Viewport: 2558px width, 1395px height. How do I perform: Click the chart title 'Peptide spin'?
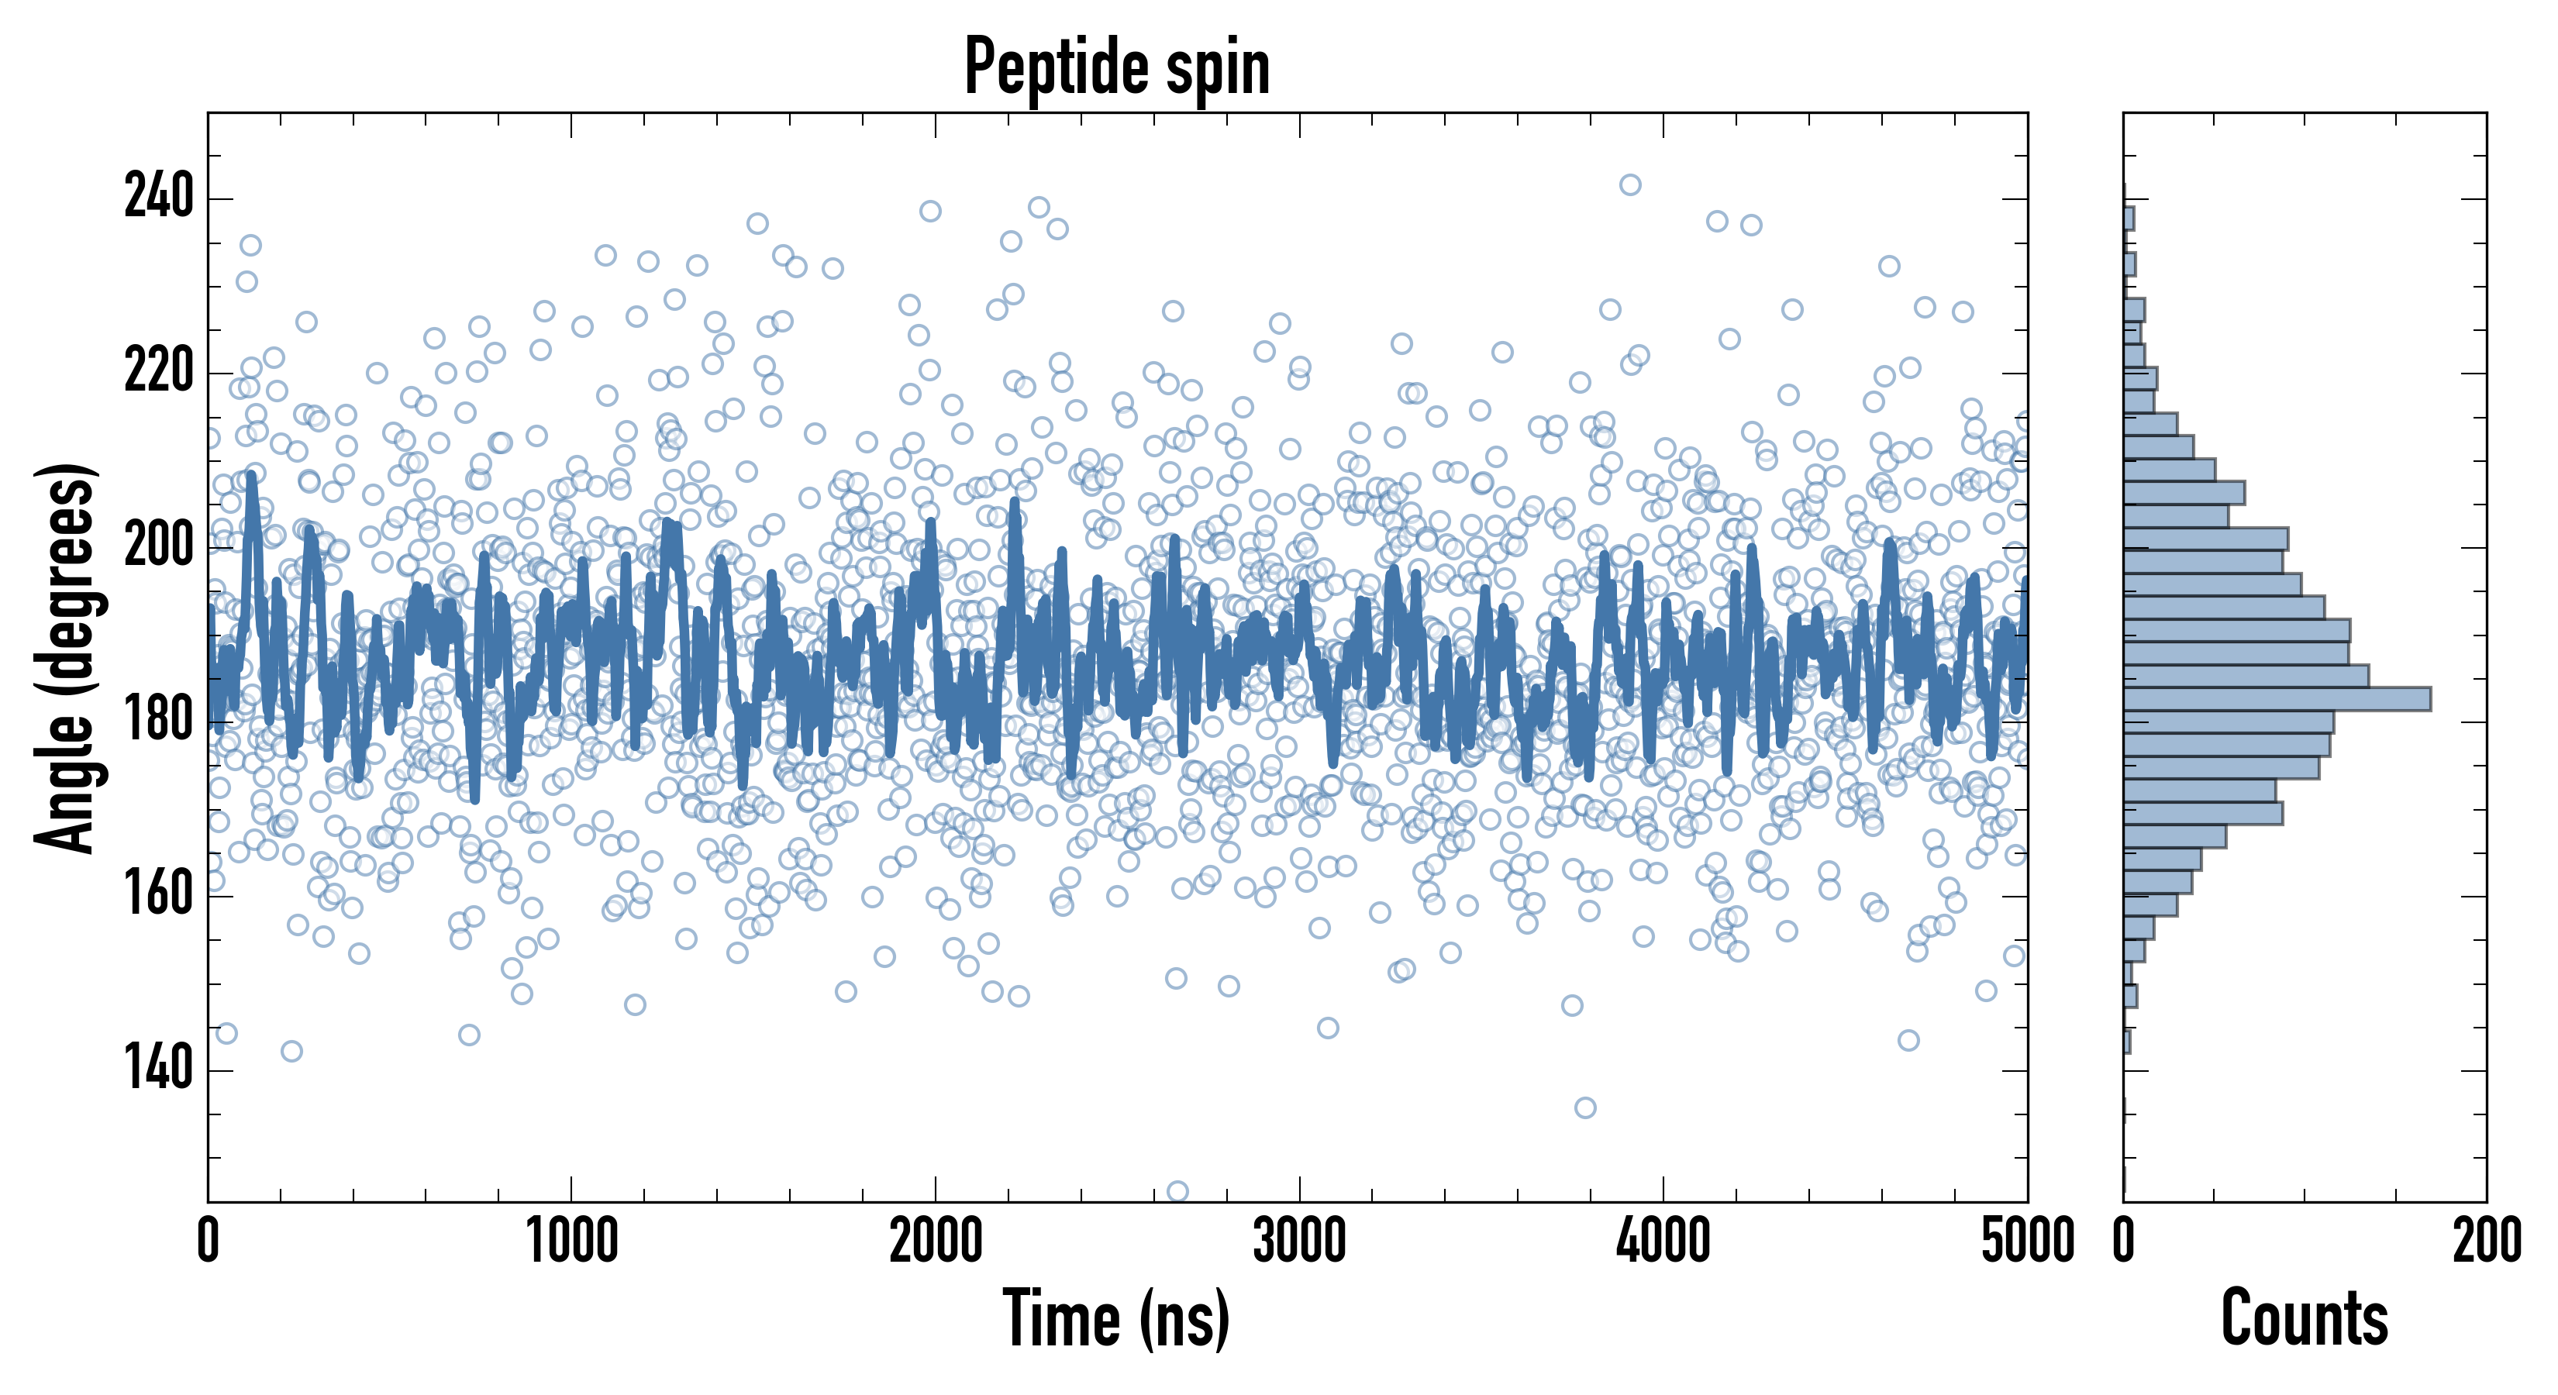click(1117, 67)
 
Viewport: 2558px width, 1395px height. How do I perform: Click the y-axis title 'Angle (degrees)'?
click(66, 657)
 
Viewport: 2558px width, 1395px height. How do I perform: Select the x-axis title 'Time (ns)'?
click(1117, 1317)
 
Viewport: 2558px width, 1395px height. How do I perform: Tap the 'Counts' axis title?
click(2304, 1317)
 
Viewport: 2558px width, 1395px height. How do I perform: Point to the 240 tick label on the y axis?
click(158, 198)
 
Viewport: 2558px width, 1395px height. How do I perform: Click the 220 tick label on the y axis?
click(158, 372)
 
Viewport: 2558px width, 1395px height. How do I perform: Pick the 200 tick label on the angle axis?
click(158, 547)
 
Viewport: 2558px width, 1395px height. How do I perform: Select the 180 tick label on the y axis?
click(158, 722)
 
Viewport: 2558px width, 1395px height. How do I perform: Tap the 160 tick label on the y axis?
click(158, 896)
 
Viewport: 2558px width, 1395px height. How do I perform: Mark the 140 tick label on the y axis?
click(158, 1070)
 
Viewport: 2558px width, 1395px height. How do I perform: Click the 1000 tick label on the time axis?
click(572, 1241)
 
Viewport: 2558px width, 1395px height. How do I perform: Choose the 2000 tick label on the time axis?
click(936, 1241)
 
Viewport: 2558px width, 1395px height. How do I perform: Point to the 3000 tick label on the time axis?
click(1299, 1241)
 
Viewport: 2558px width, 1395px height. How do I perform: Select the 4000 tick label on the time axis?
click(1663, 1241)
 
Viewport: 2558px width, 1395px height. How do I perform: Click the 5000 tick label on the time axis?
click(2027, 1241)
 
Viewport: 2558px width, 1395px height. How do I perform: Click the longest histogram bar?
click(2277, 699)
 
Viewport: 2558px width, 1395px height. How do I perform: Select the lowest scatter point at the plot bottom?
click(1177, 1190)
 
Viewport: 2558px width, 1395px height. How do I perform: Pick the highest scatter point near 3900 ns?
click(1629, 184)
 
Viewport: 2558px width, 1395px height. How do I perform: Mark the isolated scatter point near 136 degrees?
click(1585, 1107)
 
